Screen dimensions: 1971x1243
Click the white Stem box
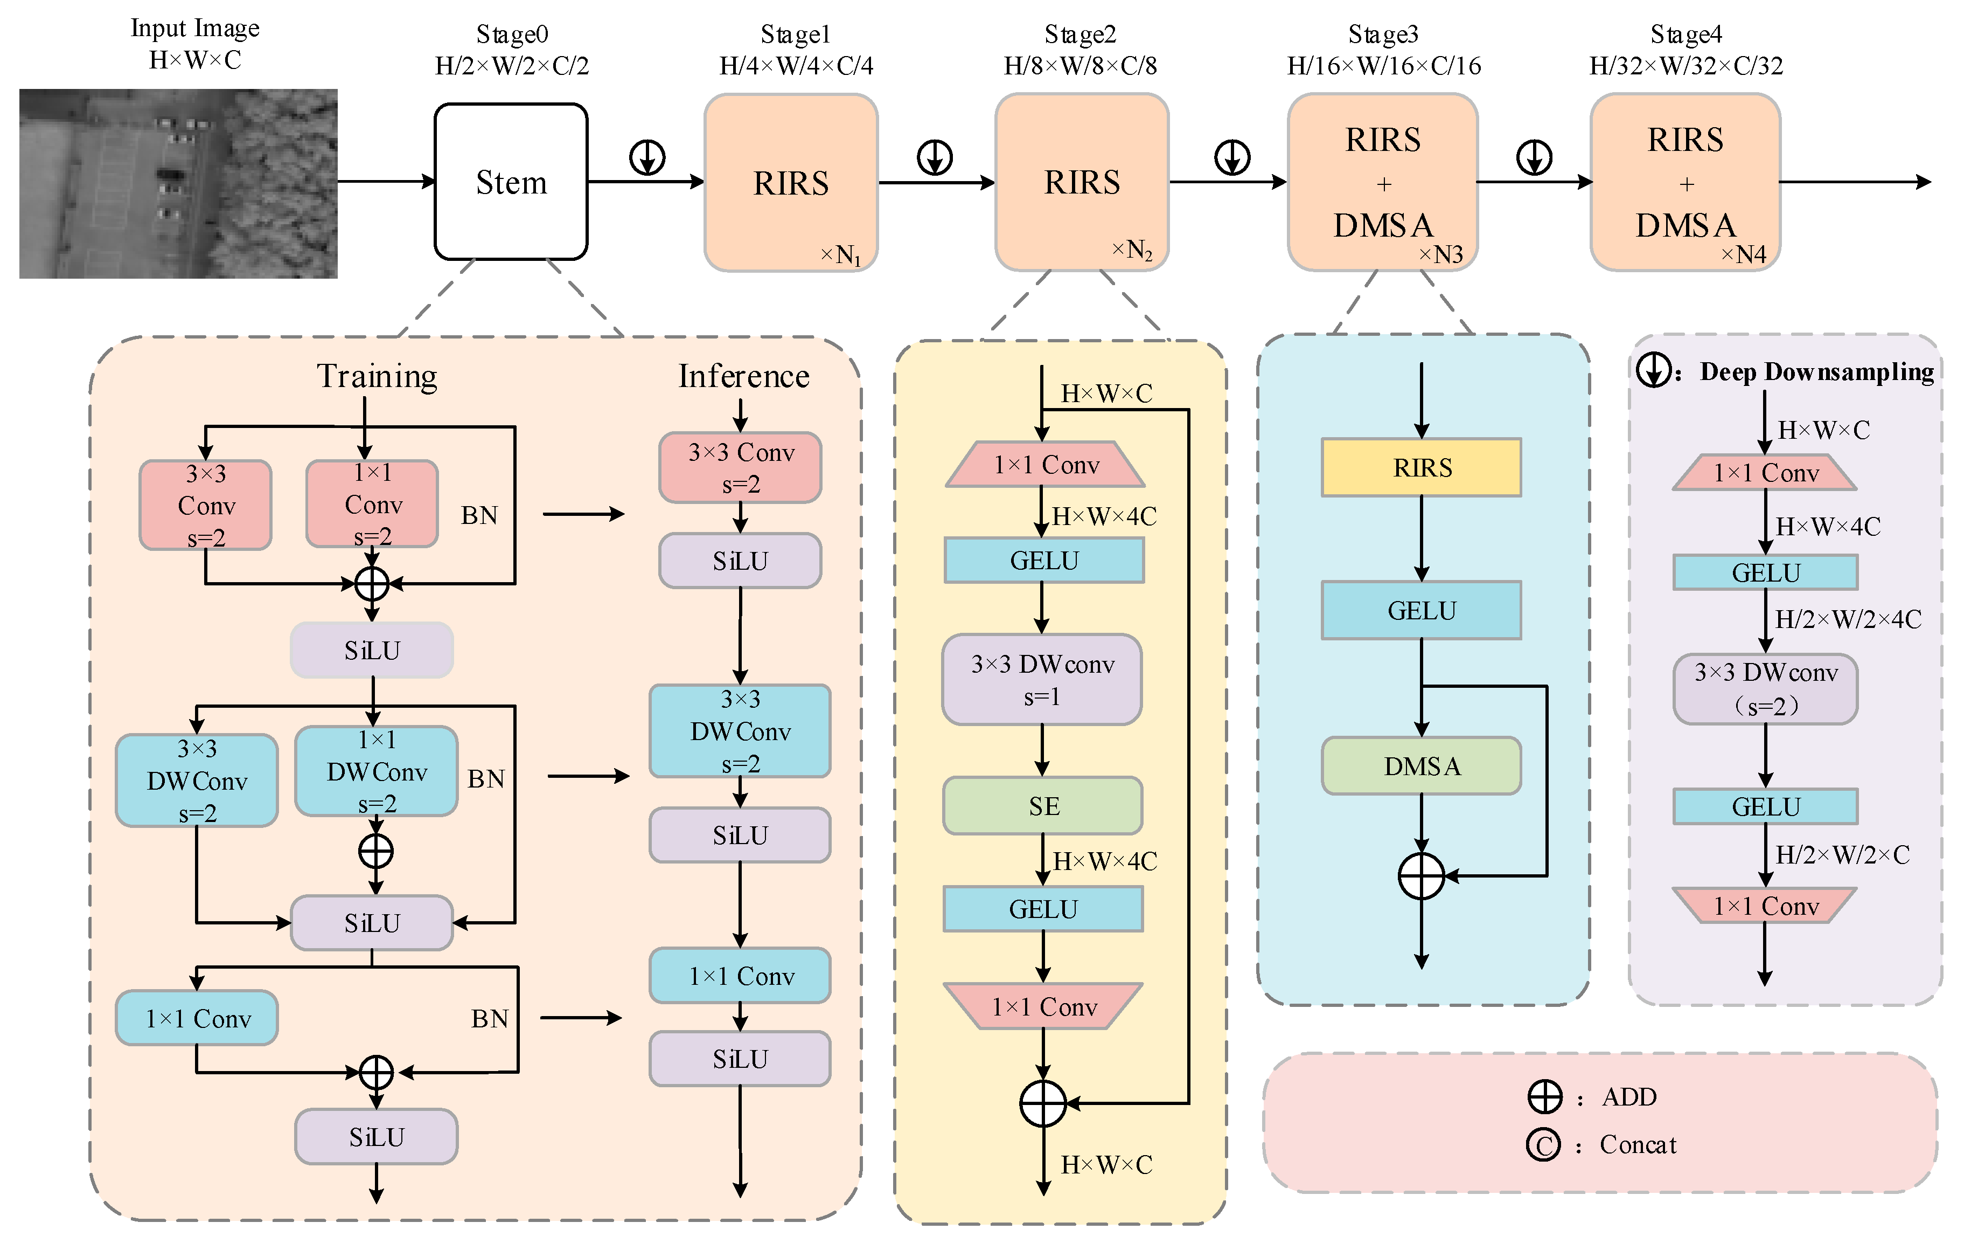511,182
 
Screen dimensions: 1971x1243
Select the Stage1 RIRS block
791,182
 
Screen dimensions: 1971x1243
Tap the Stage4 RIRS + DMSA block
1686,182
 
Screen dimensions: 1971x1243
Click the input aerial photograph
178,183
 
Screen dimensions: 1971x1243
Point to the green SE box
1043,806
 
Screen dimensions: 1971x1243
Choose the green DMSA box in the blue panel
1422,765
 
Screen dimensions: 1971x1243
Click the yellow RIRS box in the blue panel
1422,467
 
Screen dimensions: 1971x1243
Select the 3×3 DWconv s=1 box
1042,680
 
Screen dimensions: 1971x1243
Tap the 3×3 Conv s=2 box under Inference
740,467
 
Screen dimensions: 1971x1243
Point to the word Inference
743,376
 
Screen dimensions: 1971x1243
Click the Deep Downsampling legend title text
1816,372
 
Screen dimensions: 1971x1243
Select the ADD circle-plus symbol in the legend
1544,1096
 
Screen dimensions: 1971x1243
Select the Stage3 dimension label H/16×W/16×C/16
1384,66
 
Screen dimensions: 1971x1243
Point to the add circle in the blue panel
1422,876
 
